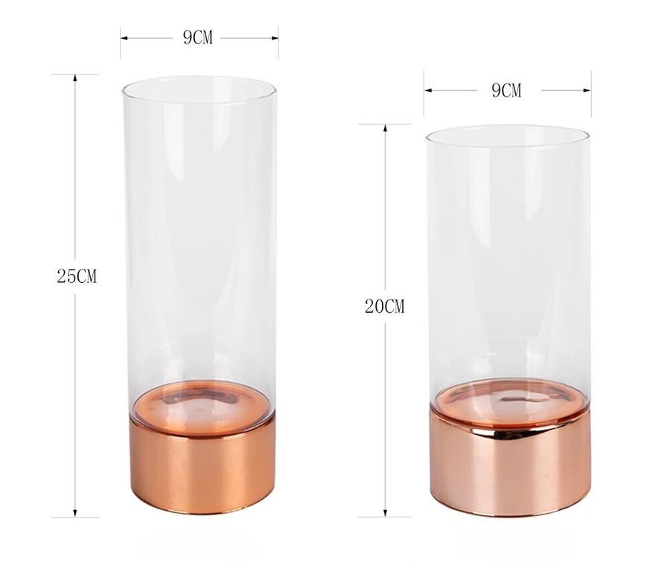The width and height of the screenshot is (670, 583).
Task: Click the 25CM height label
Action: [x=77, y=276]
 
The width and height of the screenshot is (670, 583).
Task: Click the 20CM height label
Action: [x=385, y=306]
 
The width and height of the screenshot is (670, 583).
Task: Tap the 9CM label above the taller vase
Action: [x=197, y=38]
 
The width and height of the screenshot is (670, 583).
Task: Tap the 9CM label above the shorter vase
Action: [x=506, y=90]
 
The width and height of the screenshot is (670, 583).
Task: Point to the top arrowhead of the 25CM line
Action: [x=75, y=78]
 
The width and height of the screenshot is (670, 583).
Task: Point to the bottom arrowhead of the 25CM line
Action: [x=75, y=513]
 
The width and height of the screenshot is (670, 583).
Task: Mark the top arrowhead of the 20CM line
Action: [x=386, y=128]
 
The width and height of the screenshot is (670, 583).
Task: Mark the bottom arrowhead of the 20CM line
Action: [x=386, y=513]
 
